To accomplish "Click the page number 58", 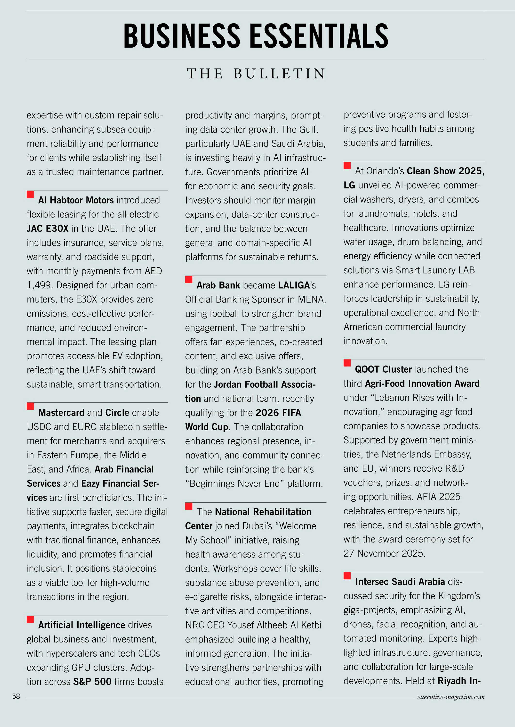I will [x=16, y=696].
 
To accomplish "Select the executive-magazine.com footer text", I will [x=451, y=697].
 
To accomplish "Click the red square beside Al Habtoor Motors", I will [x=31, y=194].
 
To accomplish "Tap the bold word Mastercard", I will [x=61, y=412].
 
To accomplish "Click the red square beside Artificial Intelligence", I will [x=31, y=619].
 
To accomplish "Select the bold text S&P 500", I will [x=92, y=682].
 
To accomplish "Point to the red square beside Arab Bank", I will [x=189, y=279].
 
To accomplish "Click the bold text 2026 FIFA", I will [x=278, y=412].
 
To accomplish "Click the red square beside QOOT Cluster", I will [x=347, y=363].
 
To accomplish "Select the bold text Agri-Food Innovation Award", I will [x=422, y=384].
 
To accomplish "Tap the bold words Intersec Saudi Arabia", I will [x=400, y=582].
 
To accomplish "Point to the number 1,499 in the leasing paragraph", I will [x=39, y=285].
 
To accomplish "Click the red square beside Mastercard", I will [x=31, y=406].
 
